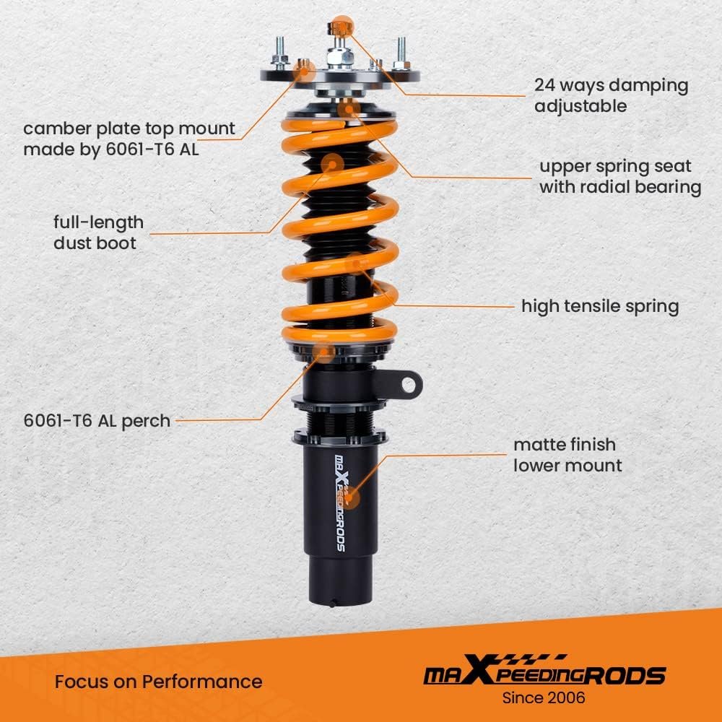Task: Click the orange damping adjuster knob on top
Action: tap(341, 26)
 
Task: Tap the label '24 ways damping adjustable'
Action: tap(611, 95)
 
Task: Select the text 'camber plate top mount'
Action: tap(129, 129)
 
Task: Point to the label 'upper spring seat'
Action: tap(615, 166)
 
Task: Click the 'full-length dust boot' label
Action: tap(98, 232)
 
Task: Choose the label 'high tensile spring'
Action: tap(600, 306)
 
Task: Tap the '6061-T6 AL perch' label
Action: tap(97, 420)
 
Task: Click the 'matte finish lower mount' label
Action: tap(567, 455)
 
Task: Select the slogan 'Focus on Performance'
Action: tap(158, 682)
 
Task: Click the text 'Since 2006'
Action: tap(544, 697)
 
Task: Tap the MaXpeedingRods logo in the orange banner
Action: tap(544, 671)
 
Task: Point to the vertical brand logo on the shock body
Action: tap(340, 503)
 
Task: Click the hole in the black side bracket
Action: tap(408, 385)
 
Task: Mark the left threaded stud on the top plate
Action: tap(279, 51)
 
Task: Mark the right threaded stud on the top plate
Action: tap(401, 51)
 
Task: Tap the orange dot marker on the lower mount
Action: tap(349, 497)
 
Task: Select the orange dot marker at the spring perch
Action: tap(323, 352)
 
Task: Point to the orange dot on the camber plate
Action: tap(305, 69)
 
